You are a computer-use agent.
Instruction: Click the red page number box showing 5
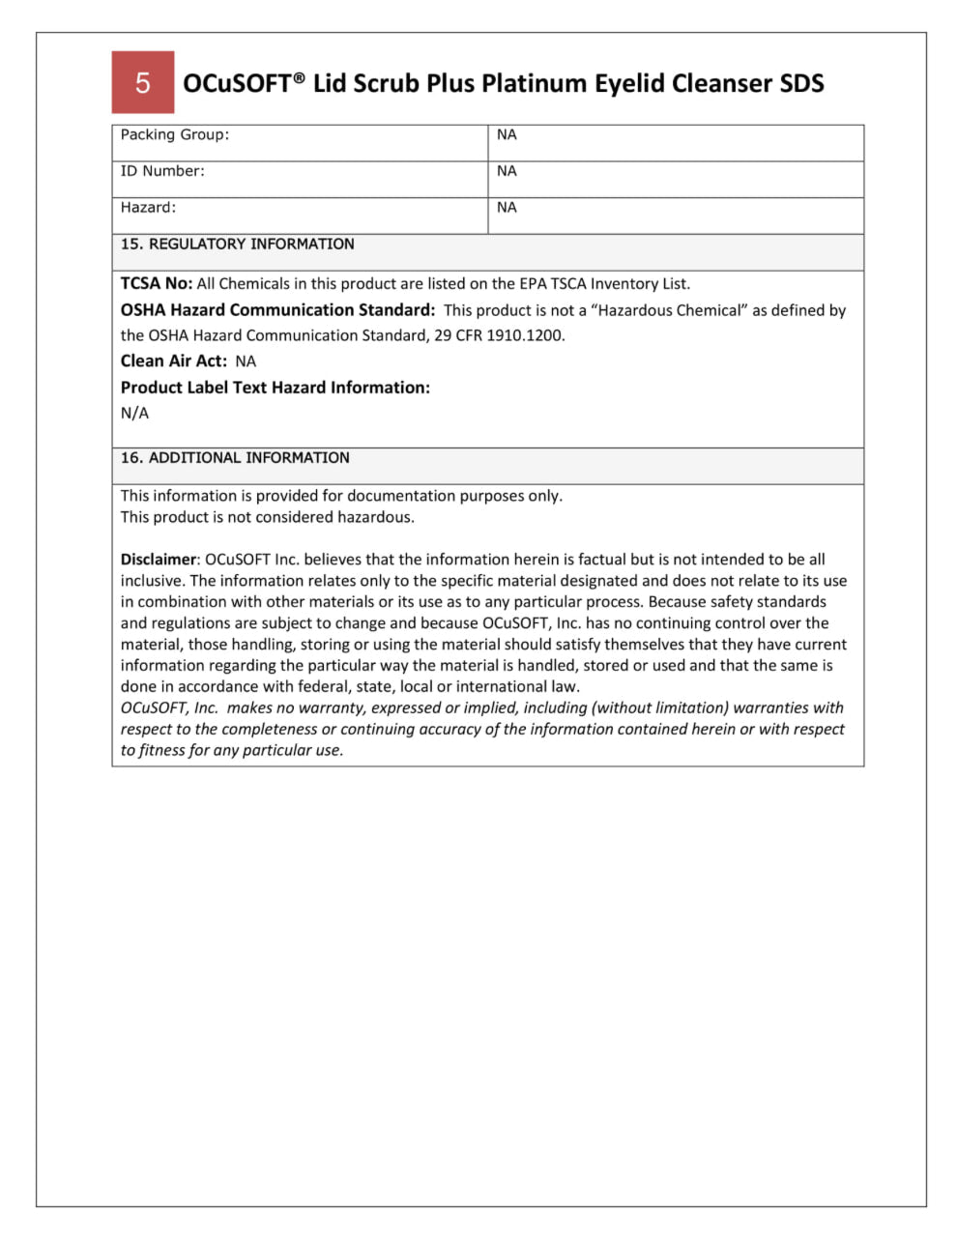tap(143, 82)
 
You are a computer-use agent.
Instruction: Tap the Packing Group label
tap(175, 134)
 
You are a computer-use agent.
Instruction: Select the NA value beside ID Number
tap(507, 171)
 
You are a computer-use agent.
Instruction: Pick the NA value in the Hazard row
tap(507, 207)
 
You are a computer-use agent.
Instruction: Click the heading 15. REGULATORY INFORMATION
tap(237, 244)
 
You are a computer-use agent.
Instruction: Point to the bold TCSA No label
tap(156, 283)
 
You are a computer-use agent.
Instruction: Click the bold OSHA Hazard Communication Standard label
tap(277, 310)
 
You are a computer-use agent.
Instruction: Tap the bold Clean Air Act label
tap(174, 361)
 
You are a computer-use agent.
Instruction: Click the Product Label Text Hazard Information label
tap(275, 388)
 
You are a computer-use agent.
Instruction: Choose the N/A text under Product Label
tap(134, 413)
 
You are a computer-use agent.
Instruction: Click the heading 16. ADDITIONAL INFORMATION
tap(235, 457)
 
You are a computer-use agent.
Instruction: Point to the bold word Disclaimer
tap(158, 559)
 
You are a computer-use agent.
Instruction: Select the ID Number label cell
tap(162, 171)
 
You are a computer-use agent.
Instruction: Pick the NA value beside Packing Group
tap(507, 134)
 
